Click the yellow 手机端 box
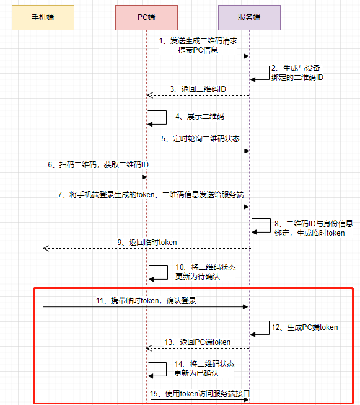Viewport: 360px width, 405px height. [x=43, y=17]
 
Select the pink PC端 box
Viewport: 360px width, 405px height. [x=146, y=17]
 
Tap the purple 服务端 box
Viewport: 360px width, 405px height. [x=249, y=17]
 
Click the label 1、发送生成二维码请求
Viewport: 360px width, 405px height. [x=198, y=41]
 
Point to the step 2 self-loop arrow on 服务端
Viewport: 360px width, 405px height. [x=269, y=73]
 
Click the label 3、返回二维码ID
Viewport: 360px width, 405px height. [x=198, y=89]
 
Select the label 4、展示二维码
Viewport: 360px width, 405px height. [x=200, y=117]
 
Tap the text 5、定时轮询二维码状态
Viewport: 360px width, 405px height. [x=201, y=139]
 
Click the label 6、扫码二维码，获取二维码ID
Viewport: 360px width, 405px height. [x=99, y=165]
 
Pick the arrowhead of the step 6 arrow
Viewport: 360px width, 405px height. [x=144, y=177]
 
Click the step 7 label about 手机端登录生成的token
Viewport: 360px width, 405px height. [x=151, y=195]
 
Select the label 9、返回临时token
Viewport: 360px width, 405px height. [x=147, y=243]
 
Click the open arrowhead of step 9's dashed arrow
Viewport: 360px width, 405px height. [x=46, y=248]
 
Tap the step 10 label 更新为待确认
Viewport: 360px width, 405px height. [x=198, y=277]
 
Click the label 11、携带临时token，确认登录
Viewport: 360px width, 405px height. [x=146, y=301]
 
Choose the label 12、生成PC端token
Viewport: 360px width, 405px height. [x=305, y=327]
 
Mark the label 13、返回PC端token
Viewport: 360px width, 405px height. [x=198, y=342]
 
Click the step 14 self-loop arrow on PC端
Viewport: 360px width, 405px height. [x=166, y=370]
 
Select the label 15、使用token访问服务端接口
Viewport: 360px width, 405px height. [x=200, y=394]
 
